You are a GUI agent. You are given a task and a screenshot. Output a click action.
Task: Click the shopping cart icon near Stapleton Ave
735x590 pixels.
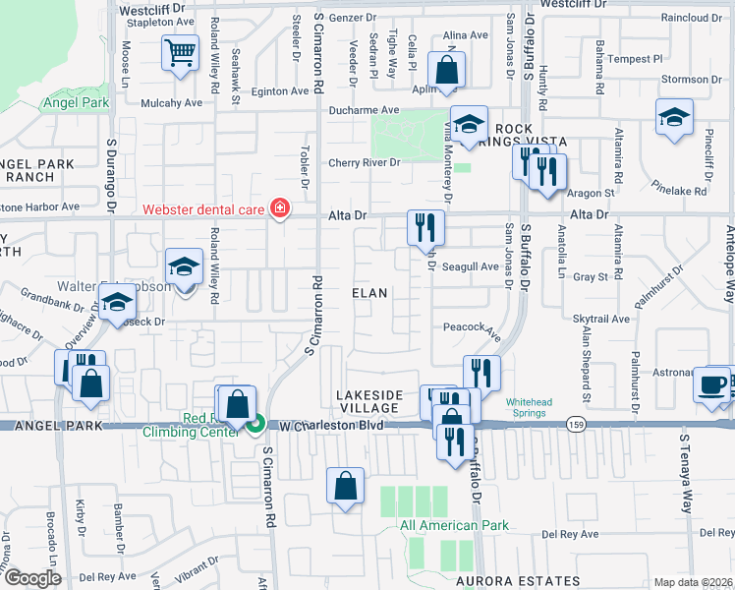pos(180,52)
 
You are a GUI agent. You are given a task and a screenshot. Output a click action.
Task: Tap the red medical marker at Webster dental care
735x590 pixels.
pos(280,207)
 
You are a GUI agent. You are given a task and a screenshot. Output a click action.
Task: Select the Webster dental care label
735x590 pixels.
pos(203,208)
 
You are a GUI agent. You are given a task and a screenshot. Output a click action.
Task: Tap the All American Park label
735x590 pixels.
pos(454,525)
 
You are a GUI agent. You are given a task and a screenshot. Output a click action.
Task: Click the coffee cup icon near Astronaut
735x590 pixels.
pos(710,383)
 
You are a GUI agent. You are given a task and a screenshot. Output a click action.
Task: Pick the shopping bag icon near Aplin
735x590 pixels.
pos(446,71)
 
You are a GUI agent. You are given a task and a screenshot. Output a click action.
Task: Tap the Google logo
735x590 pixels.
pos(32,578)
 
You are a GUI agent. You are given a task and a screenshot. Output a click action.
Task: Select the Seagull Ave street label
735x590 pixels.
pos(471,266)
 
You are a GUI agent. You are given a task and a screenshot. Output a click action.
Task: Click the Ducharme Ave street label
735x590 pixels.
pos(364,110)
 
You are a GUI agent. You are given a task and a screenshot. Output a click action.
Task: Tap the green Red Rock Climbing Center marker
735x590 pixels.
pos(255,425)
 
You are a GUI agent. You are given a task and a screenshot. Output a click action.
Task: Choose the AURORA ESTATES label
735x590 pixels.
pos(518,581)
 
